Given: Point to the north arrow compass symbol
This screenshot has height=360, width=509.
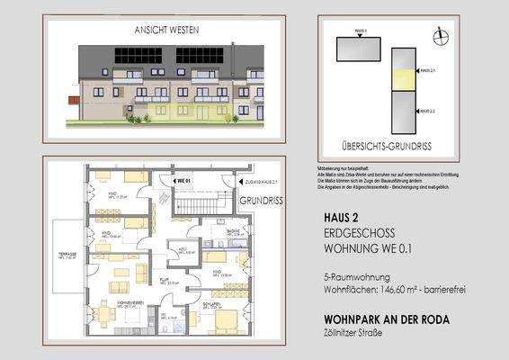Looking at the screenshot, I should coord(439,36).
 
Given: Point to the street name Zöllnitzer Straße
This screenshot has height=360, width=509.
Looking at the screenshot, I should coord(353,334).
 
